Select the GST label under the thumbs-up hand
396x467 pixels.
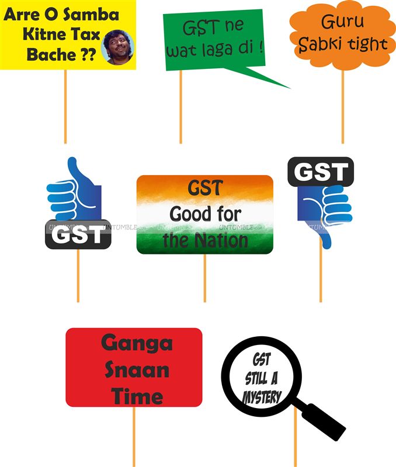tap(78, 235)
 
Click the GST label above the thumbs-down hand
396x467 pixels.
tap(320, 172)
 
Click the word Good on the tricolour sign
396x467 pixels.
tap(189, 214)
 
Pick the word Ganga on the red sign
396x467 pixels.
tap(137, 343)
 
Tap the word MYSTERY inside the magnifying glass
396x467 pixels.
tap(262, 398)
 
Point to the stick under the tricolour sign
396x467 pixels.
tap(204, 278)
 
